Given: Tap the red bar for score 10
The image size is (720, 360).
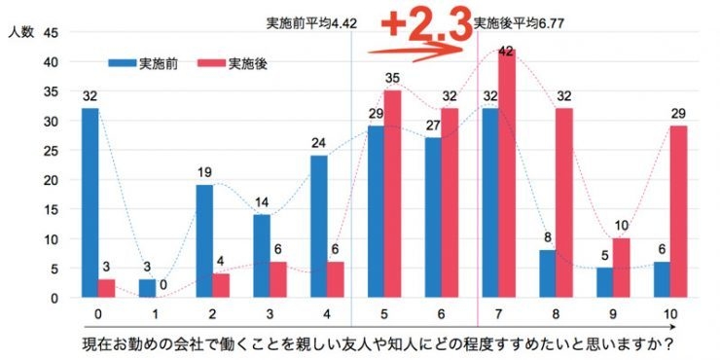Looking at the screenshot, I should point(677,212).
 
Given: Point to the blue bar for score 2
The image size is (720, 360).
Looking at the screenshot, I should point(203,241).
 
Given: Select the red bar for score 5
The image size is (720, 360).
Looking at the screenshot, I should point(392,194).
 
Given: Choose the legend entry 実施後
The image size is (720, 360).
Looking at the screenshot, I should point(248,65).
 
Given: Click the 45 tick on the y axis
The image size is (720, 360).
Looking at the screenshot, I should point(51,32).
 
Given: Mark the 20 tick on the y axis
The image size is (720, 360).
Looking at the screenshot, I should point(51,180).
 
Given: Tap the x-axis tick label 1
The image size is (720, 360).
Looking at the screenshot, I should point(156,314).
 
